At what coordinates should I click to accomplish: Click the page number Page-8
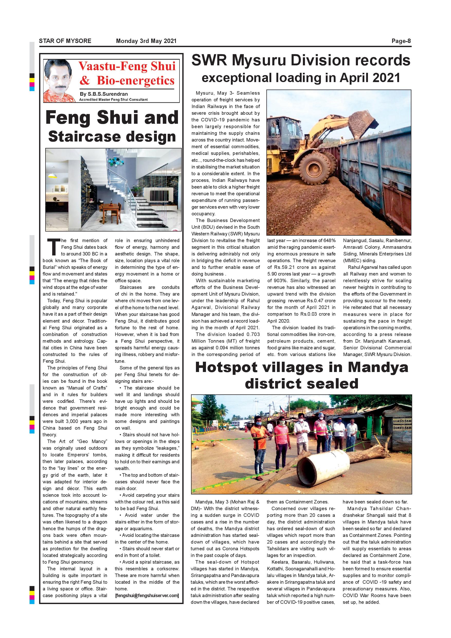point(401,41)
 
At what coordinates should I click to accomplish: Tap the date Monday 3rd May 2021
point(146,41)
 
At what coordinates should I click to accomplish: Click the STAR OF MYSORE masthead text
point(65,41)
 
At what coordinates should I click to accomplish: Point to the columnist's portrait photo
point(59,81)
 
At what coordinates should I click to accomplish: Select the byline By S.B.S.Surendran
point(104,94)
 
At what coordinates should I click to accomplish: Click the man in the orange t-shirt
point(259,445)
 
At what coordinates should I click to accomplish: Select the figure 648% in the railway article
point(329,240)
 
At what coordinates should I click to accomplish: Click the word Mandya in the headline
point(378,368)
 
